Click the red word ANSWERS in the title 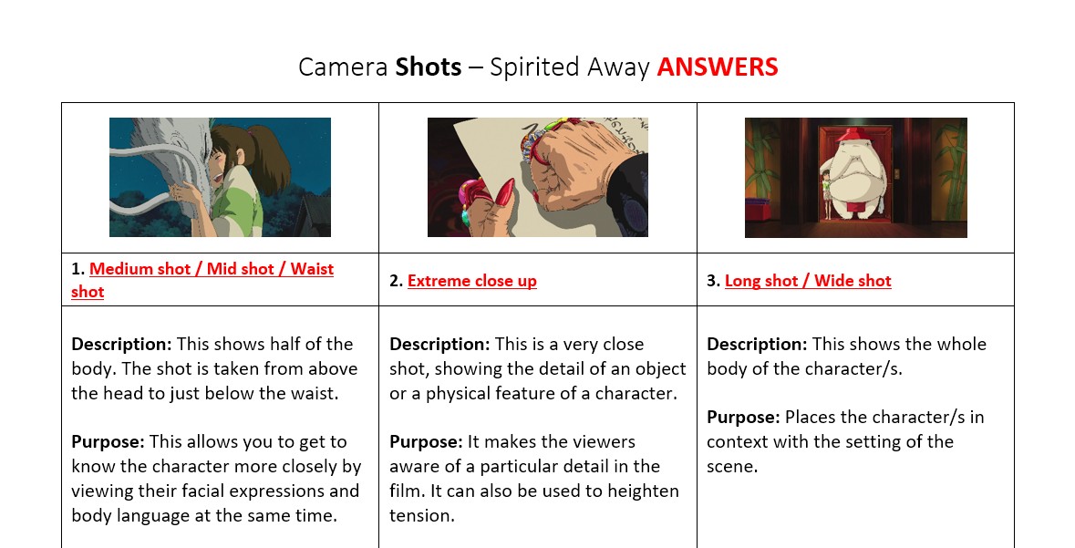pyautogui.click(x=718, y=67)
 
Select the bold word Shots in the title pyautogui.click(x=429, y=67)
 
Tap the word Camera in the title pyautogui.click(x=343, y=67)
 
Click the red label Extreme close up pyautogui.click(x=471, y=281)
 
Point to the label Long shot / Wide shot pyautogui.click(x=808, y=281)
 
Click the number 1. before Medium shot pyautogui.click(x=78, y=269)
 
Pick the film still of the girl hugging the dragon pyautogui.click(x=220, y=177)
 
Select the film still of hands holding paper pyautogui.click(x=538, y=177)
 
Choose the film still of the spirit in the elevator pyautogui.click(x=855, y=178)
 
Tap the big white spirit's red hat pyautogui.click(x=853, y=134)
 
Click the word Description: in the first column pyautogui.click(x=122, y=345)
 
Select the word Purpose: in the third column pyautogui.click(x=743, y=417)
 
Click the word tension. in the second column pyautogui.click(x=421, y=516)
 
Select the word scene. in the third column pyautogui.click(x=732, y=467)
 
